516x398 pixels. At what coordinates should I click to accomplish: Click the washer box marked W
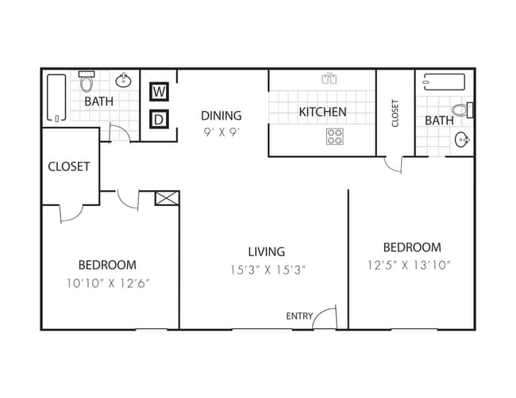click(x=160, y=92)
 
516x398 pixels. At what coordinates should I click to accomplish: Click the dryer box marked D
click(x=160, y=120)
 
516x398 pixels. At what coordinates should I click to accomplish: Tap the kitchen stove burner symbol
click(x=334, y=136)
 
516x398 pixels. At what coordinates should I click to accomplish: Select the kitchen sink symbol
click(x=329, y=78)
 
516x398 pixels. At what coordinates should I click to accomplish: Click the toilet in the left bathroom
click(x=88, y=81)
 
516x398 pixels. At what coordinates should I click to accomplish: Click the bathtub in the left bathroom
click(x=56, y=98)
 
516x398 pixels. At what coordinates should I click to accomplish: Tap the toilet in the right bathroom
click(x=462, y=110)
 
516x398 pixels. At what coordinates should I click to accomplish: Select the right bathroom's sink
click(x=462, y=140)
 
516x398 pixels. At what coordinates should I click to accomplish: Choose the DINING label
click(x=221, y=116)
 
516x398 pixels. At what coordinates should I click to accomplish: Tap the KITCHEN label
click(x=322, y=112)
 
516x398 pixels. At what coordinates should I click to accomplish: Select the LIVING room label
click(x=265, y=251)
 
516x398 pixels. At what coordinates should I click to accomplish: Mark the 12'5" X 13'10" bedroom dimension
click(x=410, y=266)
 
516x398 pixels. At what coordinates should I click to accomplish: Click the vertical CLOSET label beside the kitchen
click(x=395, y=112)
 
